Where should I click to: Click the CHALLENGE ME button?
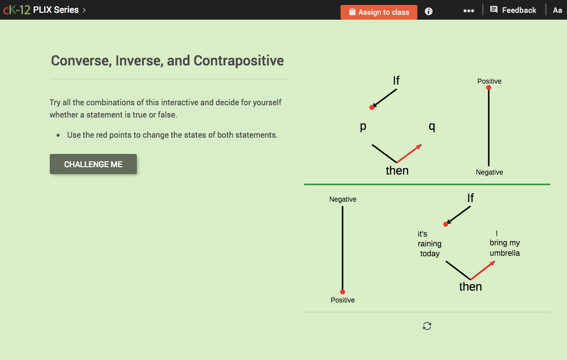[93, 164]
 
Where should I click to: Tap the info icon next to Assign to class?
[429, 11]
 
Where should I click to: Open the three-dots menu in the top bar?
[469, 11]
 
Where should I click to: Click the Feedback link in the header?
[513, 10]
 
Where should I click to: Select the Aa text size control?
[557, 10]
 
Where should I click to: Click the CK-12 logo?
[16, 10]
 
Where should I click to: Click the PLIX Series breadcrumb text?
[56, 10]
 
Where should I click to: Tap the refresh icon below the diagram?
[427, 326]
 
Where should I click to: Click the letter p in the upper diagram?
[363, 126]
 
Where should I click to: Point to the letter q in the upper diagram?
[432, 126]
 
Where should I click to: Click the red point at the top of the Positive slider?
[489, 88]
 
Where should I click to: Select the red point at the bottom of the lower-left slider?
[343, 292]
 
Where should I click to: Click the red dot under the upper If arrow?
[372, 107]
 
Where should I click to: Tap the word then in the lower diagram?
[470, 287]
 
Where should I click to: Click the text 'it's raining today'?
[429, 244]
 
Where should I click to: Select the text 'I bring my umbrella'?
[504, 243]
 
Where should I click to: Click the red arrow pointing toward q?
[409, 153]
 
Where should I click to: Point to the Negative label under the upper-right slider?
[489, 172]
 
